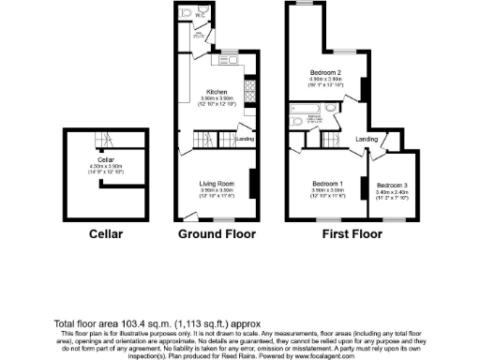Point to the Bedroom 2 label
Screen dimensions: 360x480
(x=325, y=71)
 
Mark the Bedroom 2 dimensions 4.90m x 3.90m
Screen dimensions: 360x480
(x=325, y=78)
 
